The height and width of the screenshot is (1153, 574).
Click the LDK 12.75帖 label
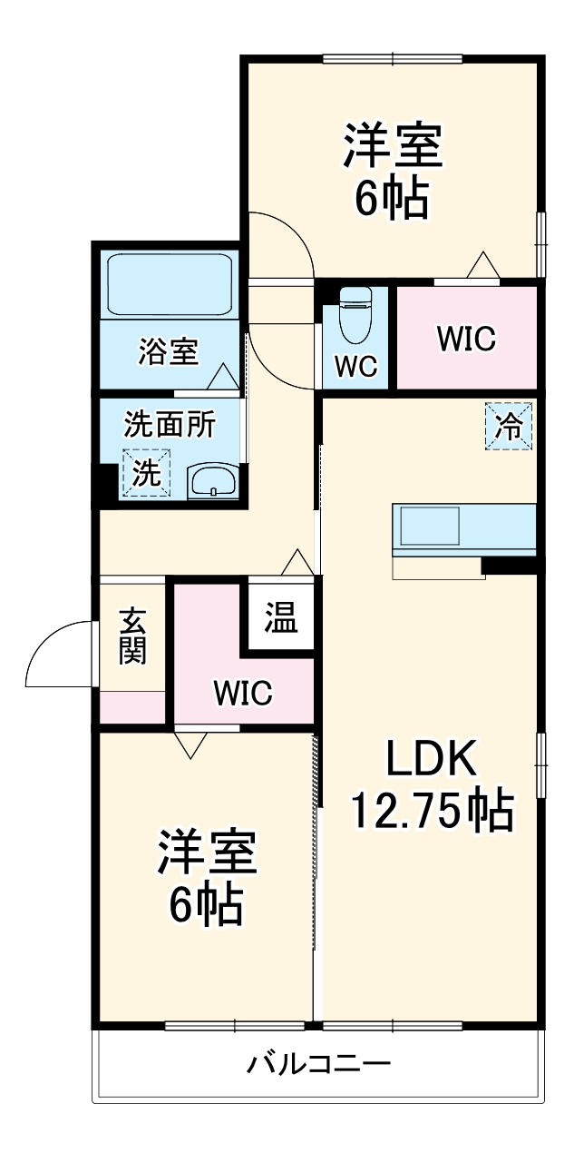coord(432,786)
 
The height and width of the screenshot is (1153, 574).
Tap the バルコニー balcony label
coord(319,1063)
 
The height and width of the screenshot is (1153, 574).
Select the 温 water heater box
coord(280,620)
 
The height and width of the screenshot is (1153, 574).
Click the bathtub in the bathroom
coord(170,284)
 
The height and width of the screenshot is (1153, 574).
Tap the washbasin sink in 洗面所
coord(213,480)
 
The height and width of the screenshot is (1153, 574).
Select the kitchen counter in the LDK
coord(463,528)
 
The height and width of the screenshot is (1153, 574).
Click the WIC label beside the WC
coord(466,339)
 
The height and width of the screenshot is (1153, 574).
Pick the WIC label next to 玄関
coord(243,694)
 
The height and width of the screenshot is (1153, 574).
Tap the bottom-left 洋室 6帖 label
coord(208,877)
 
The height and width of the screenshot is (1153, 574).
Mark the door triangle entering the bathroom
coord(221,376)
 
